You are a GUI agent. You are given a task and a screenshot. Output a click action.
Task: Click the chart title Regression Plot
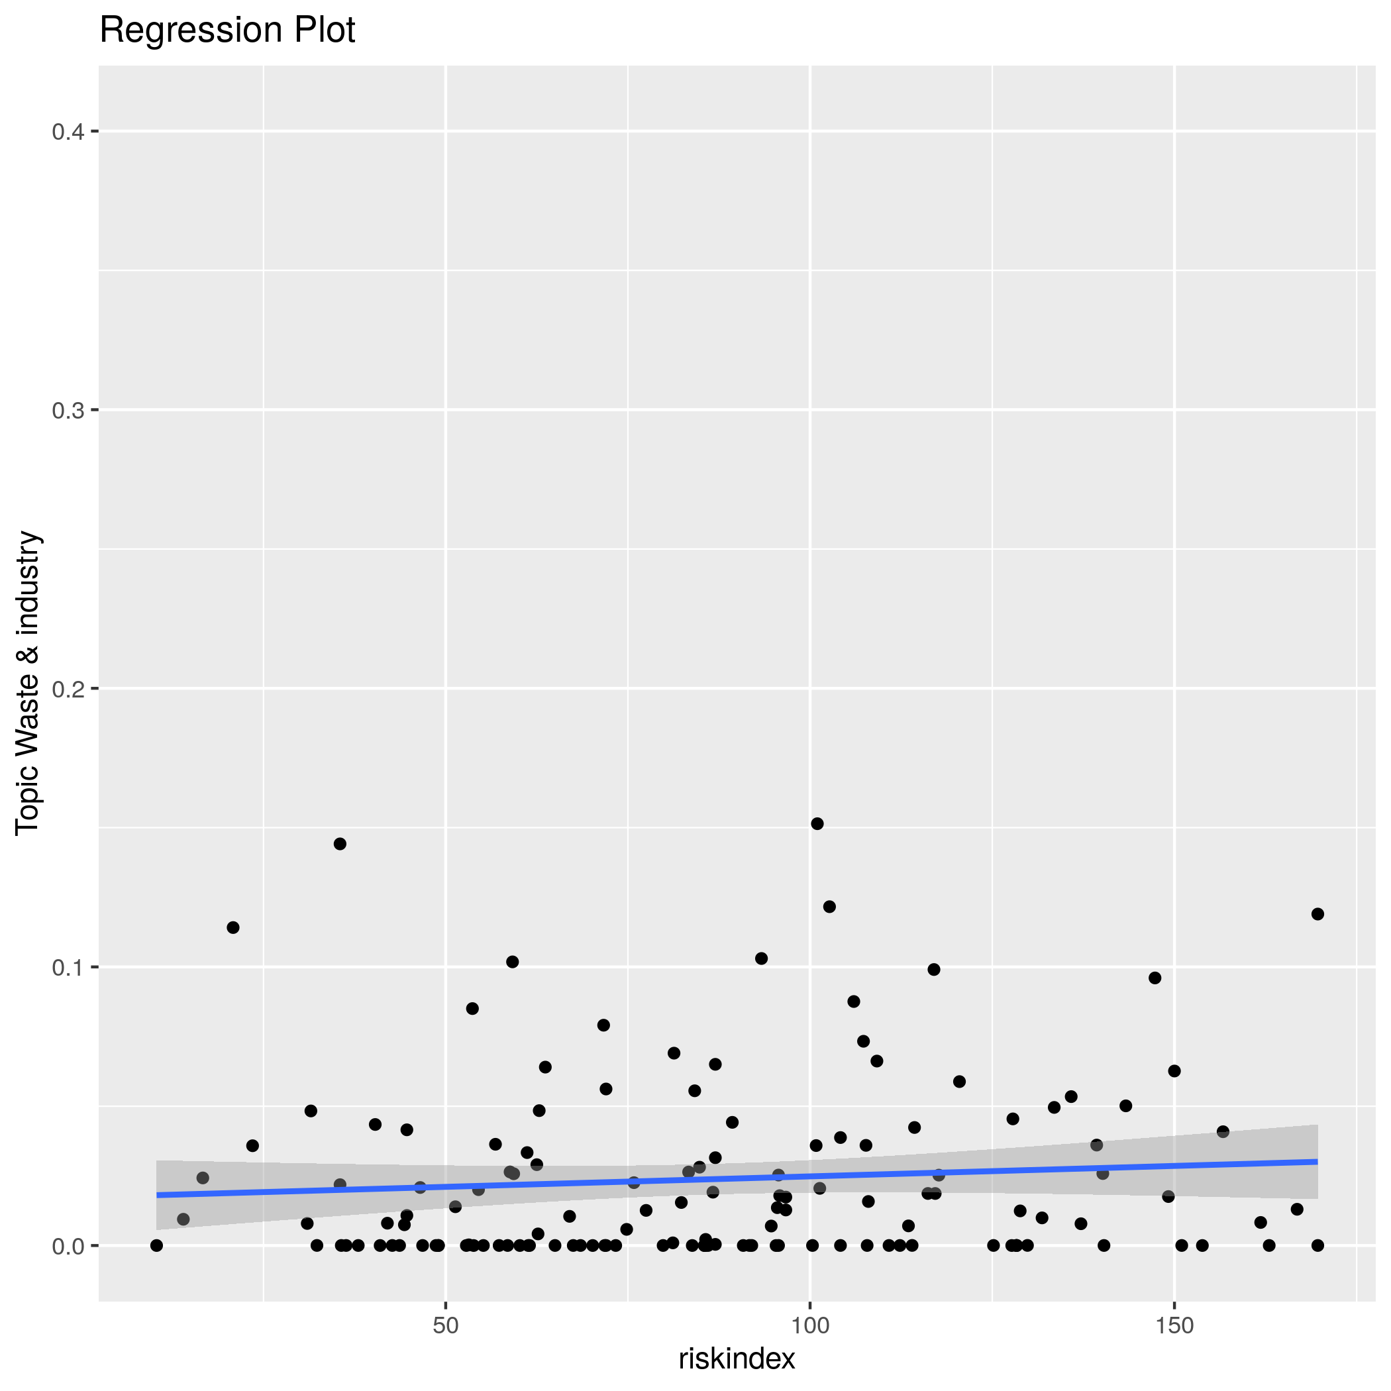point(227,31)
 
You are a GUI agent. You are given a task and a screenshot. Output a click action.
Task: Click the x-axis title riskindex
point(737,1359)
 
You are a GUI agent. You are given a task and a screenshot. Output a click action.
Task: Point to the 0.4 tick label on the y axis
point(68,132)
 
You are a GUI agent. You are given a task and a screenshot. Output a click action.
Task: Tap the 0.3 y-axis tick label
point(68,411)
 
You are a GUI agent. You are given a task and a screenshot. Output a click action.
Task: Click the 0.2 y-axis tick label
point(68,689)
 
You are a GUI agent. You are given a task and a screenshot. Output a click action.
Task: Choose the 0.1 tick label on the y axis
point(68,968)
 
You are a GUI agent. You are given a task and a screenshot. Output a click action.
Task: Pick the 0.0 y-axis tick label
point(68,1247)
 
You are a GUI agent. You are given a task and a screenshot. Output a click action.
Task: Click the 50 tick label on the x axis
point(446,1325)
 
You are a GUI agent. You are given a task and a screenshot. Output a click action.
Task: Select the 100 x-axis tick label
point(810,1325)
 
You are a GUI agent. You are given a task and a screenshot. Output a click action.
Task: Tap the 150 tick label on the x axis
point(1174,1325)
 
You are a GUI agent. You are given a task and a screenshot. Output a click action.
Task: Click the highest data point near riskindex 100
point(817,823)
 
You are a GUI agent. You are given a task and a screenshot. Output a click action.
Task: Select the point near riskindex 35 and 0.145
point(340,844)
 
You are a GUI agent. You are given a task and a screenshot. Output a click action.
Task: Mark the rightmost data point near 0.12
point(1317,914)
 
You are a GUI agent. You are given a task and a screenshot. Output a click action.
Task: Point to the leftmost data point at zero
point(156,1245)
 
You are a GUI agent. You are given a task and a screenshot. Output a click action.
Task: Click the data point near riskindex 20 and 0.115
point(232,927)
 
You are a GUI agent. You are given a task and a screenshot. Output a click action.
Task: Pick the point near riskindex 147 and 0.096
point(1155,978)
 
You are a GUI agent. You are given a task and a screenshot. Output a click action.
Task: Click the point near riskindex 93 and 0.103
point(761,958)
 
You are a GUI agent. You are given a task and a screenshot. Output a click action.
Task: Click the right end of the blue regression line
point(1316,1161)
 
